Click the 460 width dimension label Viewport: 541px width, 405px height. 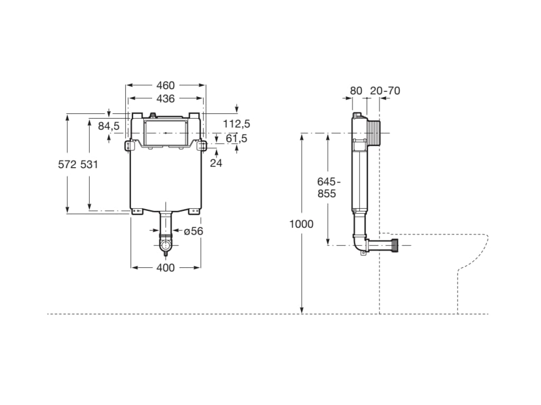pyautogui.click(x=165, y=85)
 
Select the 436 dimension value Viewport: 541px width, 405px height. pyautogui.click(x=165, y=98)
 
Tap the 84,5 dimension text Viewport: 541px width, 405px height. pyautogui.click(x=109, y=126)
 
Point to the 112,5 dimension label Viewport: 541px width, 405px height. pyautogui.click(x=237, y=124)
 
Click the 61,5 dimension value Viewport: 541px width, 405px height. pyautogui.click(x=237, y=138)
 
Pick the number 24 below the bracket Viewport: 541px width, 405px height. pyautogui.click(x=216, y=163)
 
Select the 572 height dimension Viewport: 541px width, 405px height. pyautogui.click(x=67, y=165)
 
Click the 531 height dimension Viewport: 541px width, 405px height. pyautogui.click(x=89, y=165)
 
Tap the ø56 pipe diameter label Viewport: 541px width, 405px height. pyautogui.click(x=194, y=230)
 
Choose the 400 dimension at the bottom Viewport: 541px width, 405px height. pyautogui.click(x=165, y=268)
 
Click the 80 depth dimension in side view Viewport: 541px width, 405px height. pyautogui.click(x=356, y=91)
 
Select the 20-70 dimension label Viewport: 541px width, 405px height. pyautogui.click(x=385, y=91)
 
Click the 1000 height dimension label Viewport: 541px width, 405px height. pyautogui.click(x=301, y=224)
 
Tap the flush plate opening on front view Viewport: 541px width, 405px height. pyautogui.click(x=165, y=132)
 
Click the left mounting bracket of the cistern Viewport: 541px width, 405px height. pyautogui.click(x=128, y=145)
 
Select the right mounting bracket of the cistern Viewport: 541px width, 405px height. pyautogui.click(x=202, y=145)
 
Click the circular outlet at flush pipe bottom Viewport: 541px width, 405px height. pyautogui.click(x=166, y=246)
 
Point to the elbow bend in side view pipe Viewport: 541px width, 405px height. pyautogui.click(x=360, y=245)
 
